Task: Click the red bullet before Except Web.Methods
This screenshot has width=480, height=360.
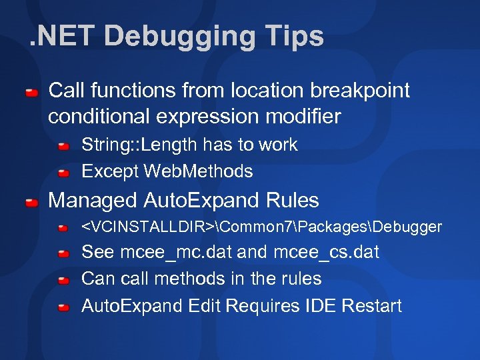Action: (64, 173)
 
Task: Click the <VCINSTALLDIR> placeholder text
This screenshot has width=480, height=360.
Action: (148, 227)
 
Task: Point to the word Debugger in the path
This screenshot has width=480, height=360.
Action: (408, 227)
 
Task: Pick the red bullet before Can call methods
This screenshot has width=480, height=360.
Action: (64, 280)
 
